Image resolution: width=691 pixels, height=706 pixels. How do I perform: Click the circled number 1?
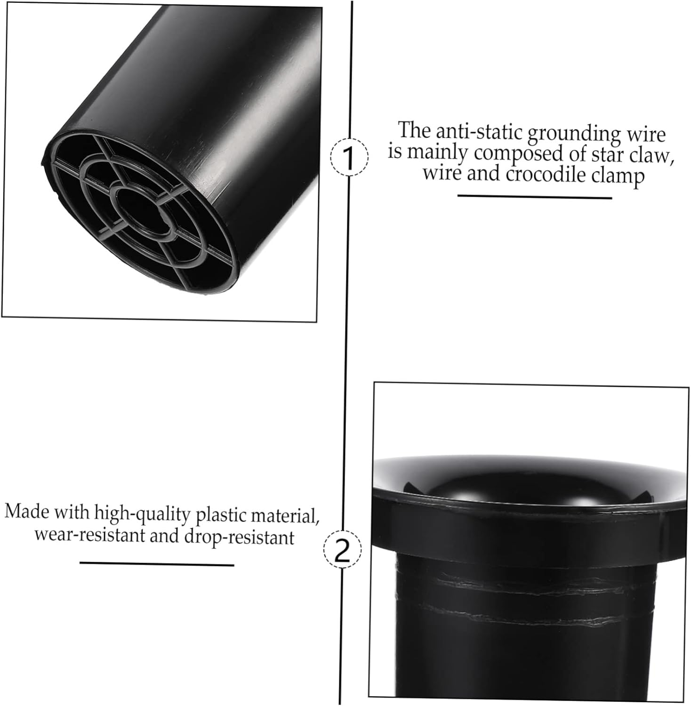coord(349,158)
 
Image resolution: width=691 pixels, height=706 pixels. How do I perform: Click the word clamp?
coord(618,176)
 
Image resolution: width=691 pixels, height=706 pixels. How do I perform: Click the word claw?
coord(649,156)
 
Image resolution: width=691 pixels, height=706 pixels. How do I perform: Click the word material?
coord(284,516)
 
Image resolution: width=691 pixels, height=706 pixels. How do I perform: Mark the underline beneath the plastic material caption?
coord(156,563)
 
